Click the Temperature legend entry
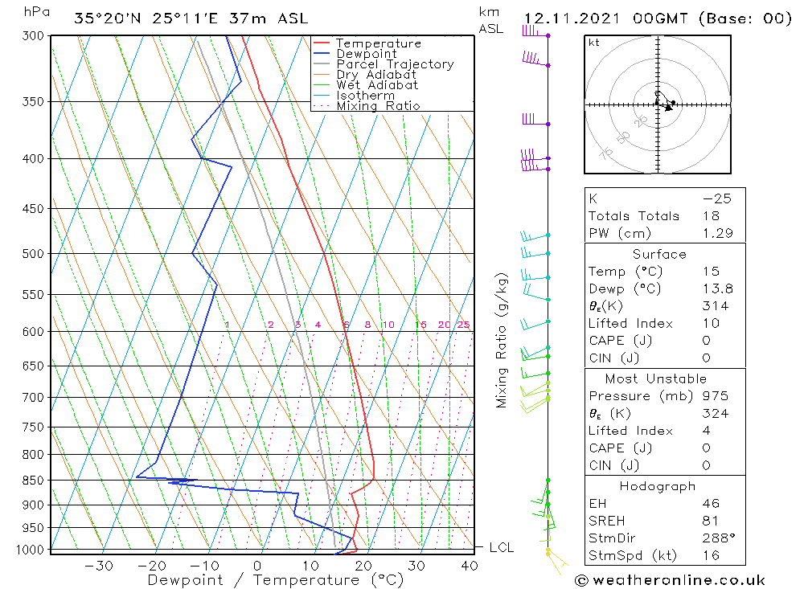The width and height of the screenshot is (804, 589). tap(378, 43)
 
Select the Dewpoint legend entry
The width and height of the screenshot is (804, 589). tap(366, 54)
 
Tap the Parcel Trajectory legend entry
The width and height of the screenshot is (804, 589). tap(395, 64)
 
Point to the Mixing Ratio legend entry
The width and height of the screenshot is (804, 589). tap(378, 105)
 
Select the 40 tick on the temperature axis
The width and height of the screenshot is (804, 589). tap(470, 566)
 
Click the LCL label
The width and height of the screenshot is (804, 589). tap(501, 548)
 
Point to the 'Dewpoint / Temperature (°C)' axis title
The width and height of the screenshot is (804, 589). tap(275, 579)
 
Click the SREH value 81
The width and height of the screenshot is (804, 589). tap(711, 521)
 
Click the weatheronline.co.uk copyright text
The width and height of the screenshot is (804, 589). tap(670, 580)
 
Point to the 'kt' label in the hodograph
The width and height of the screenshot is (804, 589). tap(593, 43)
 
